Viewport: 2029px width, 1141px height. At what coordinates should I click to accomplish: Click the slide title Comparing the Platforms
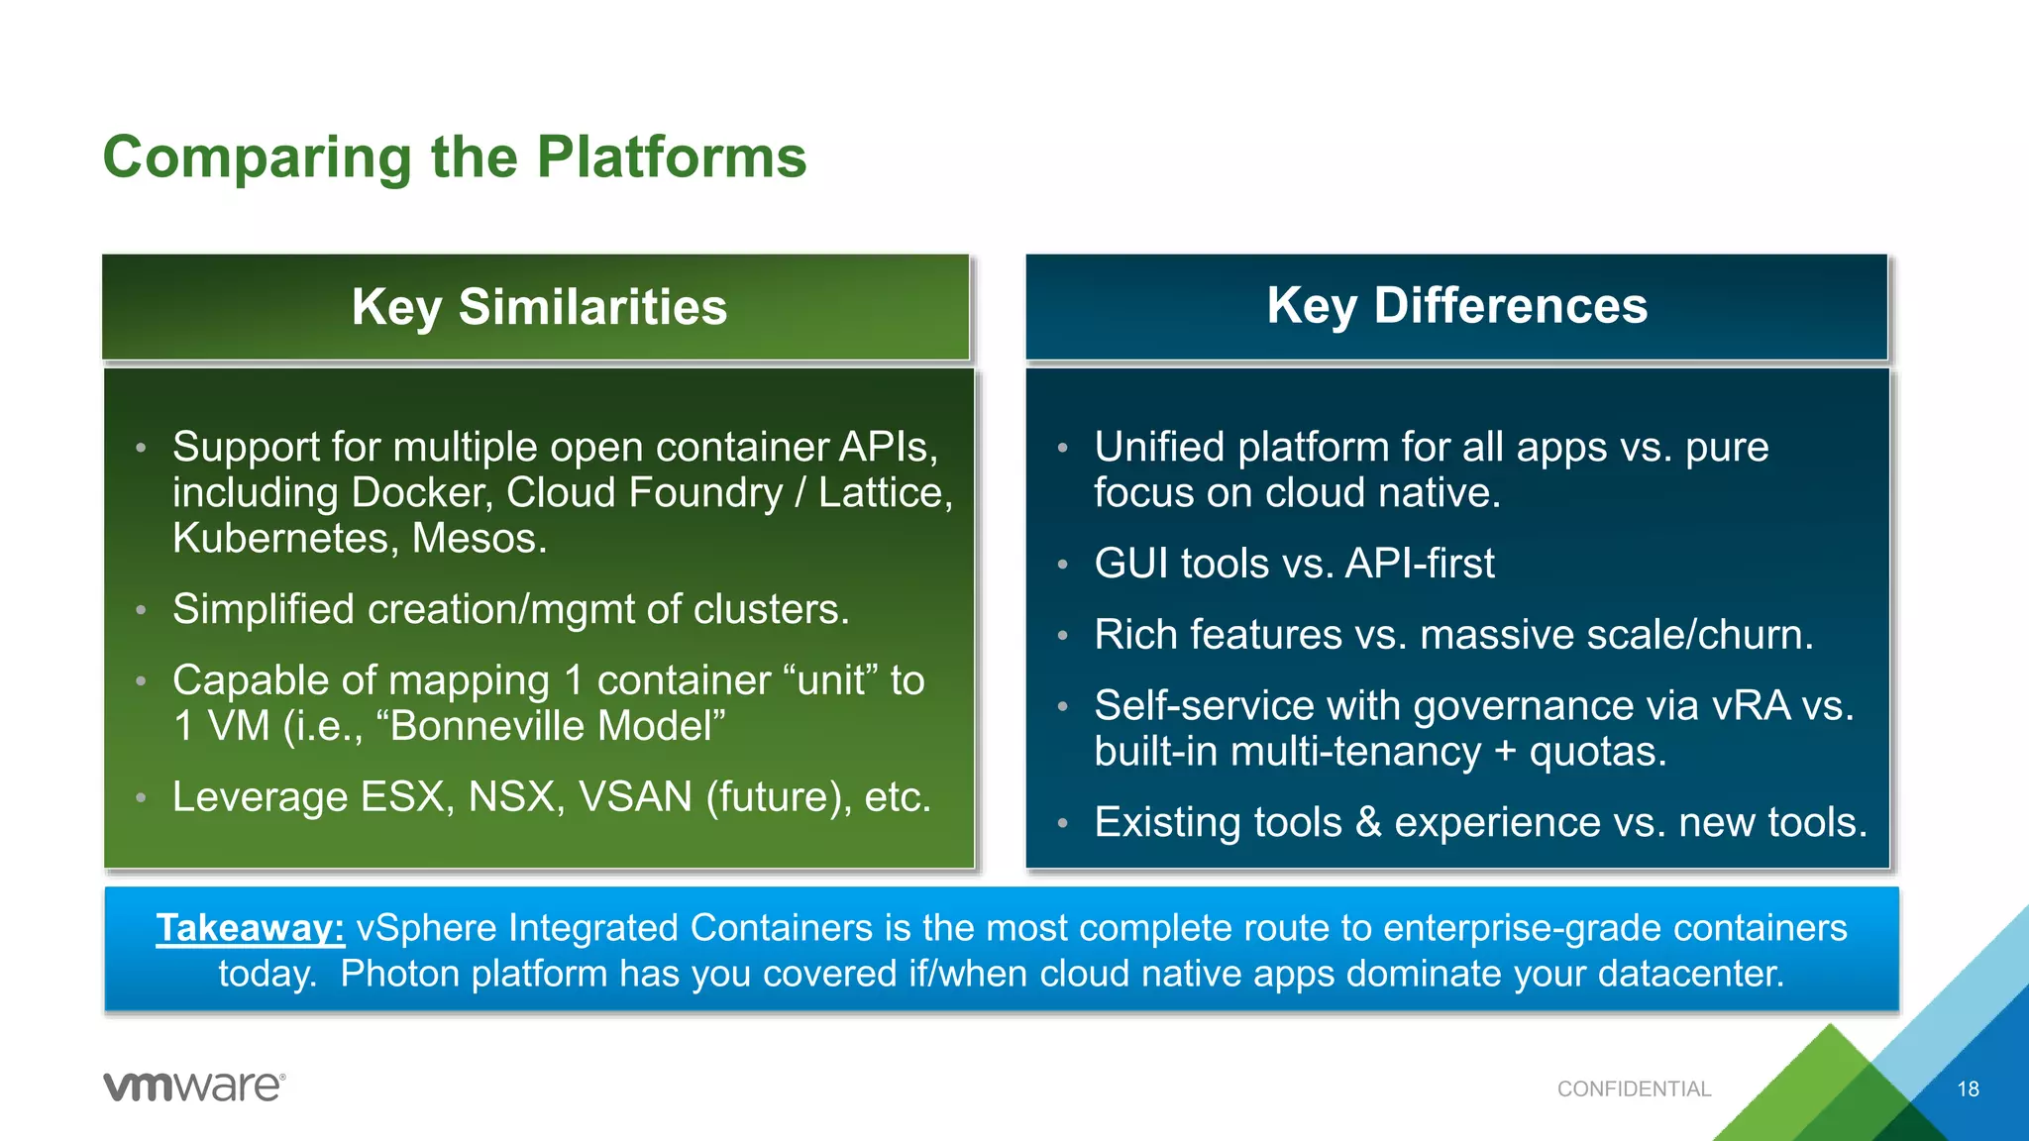click(455, 156)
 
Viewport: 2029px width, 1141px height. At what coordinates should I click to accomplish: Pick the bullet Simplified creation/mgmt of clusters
click(510, 608)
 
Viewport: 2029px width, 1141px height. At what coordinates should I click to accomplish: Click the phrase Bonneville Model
click(551, 725)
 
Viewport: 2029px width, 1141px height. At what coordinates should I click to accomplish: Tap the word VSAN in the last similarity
click(634, 796)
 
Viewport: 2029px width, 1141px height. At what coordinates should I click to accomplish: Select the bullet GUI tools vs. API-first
click(1294, 563)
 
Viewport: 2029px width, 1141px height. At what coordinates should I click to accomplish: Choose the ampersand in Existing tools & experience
click(1368, 822)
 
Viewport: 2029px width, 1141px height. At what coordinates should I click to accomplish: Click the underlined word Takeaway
click(250, 928)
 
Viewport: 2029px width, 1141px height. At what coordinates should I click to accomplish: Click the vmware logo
click(194, 1087)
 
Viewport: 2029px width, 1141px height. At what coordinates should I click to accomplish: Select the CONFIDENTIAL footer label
click(1634, 1089)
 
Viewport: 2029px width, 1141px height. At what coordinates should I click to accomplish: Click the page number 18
click(1968, 1089)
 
